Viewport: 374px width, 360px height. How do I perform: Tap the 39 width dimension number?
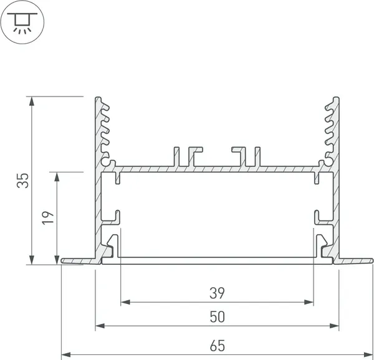[x=217, y=292]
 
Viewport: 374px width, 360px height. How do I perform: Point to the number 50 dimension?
[x=217, y=316]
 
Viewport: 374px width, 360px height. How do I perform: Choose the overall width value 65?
[x=217, y=344]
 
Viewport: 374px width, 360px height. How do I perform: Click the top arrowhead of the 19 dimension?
[x=58, y=177]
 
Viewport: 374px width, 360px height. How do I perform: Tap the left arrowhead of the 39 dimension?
[x=124, y=302]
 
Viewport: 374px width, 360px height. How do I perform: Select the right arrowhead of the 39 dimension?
[x=309, y=302]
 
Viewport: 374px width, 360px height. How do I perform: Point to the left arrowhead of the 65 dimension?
[x=65, y=354]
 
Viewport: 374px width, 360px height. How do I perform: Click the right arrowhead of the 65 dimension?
[x=369, y=354]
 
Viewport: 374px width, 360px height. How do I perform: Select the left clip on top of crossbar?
[x=189, y=156]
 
